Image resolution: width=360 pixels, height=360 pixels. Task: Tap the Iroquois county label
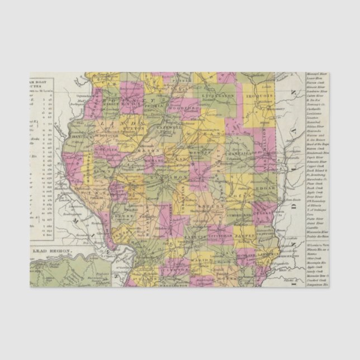tap(260, 96)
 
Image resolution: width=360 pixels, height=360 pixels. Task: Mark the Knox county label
tap(128, 104)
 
